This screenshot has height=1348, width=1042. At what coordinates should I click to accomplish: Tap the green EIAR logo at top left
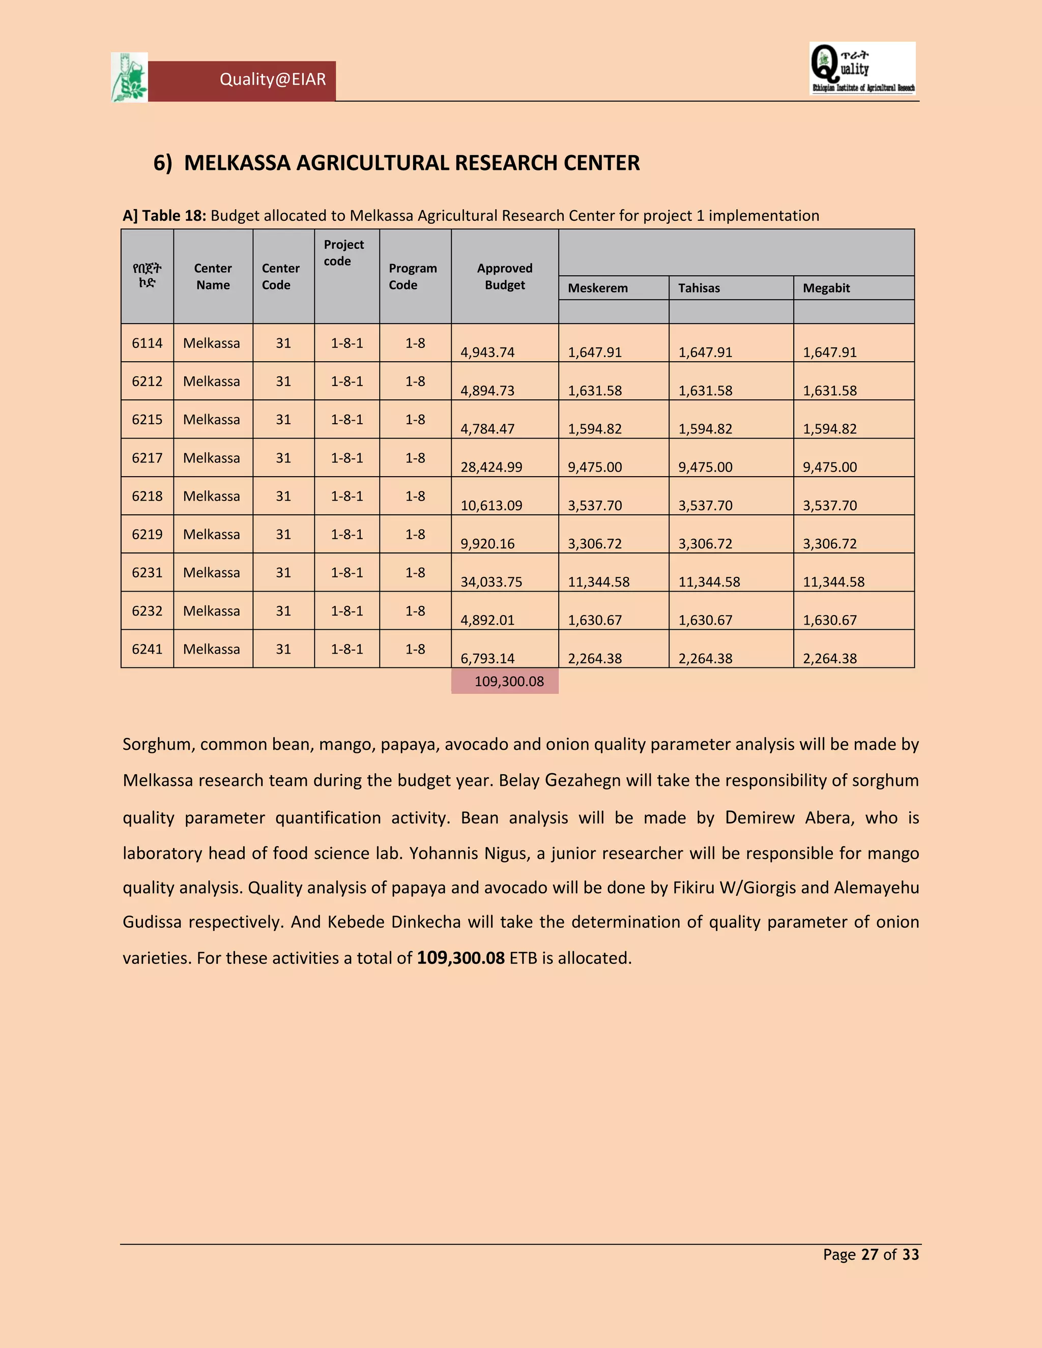tap(130, 77)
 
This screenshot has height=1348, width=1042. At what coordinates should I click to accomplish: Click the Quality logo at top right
tap(862, 69)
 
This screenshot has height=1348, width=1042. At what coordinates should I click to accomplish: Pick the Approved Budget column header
tap(504, 277)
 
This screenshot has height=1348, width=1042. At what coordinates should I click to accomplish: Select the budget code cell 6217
tap(147, 458)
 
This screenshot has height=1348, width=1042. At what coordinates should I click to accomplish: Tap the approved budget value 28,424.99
tap(491, 467)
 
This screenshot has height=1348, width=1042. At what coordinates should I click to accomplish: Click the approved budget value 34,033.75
tap(491, 582)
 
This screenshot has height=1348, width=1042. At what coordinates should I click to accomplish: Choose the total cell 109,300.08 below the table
tap(509, 682)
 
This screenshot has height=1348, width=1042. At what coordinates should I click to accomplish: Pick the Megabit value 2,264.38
tap(830, 659)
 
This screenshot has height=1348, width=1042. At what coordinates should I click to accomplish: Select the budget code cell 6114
tap(147, 343)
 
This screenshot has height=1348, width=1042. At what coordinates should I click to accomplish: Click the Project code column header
tap(343, 252)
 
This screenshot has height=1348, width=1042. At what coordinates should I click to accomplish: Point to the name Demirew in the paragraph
tap(759, 818)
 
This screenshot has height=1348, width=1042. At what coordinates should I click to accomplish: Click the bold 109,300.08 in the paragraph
tap(460, 958)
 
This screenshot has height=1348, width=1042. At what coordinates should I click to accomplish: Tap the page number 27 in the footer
tap(869, 1255)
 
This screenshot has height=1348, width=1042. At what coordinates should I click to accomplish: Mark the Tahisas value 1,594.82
tap(705, 429)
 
